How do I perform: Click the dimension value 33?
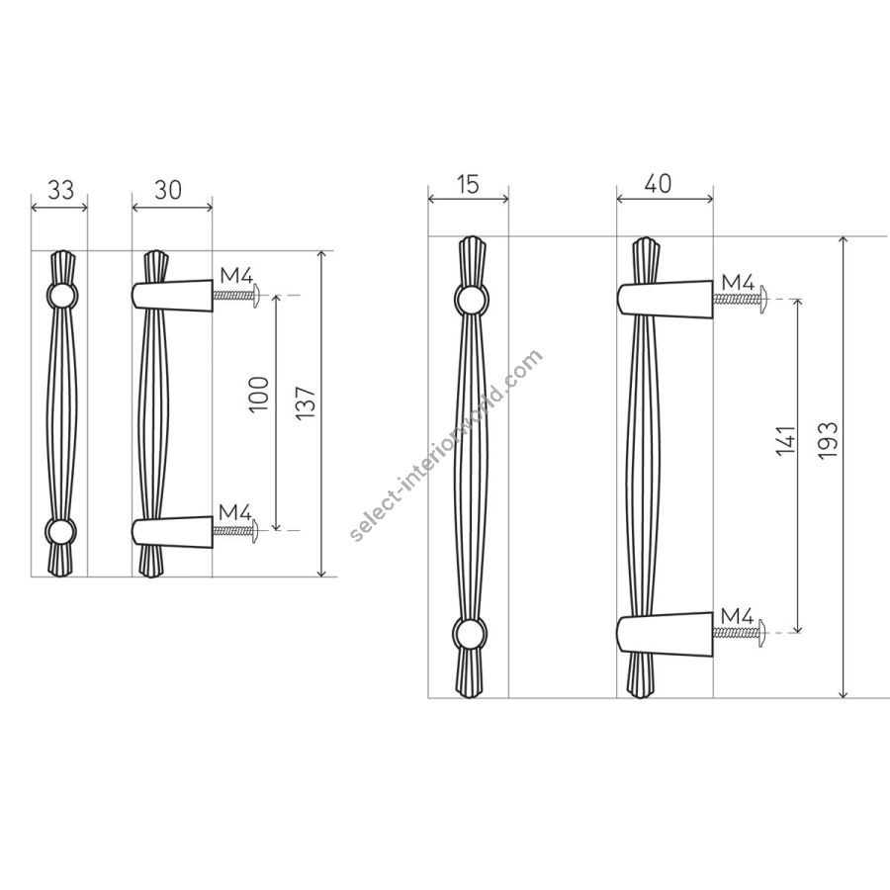pos(60,190)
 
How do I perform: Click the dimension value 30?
pos(167,190)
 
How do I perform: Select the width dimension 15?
pos(468,185)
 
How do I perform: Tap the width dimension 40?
pos(659,183)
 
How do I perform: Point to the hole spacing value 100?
pos(258,394)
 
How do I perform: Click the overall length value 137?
pos(306,402)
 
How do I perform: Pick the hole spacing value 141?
pos(786,440)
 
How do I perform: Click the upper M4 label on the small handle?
pos(236,277)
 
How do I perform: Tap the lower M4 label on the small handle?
pos(235,512)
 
